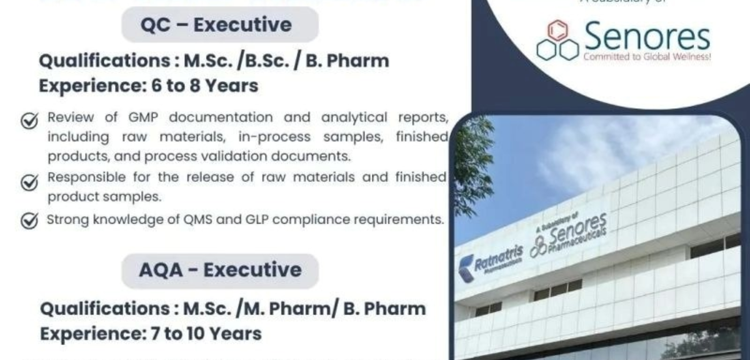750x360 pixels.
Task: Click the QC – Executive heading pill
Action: click(x=219, y=25)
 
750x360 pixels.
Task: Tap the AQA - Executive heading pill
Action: click(x=219, y=271)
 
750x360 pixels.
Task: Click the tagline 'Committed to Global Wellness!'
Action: click(x=647, y=57)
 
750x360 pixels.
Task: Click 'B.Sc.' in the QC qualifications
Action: click(x=257, y=61)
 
